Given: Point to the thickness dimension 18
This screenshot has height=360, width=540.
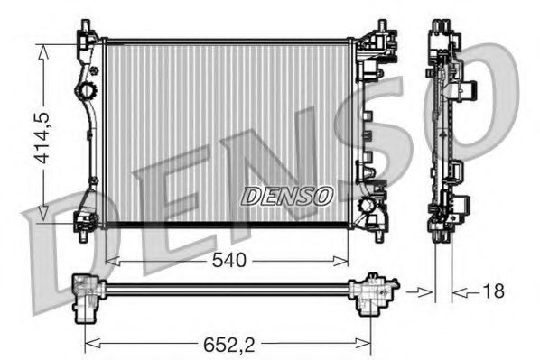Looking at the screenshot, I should tap(493, 291).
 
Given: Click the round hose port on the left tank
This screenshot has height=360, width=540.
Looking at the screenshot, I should tap(86, 91).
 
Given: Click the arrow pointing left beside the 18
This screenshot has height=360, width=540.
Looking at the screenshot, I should tap(459, 291).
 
